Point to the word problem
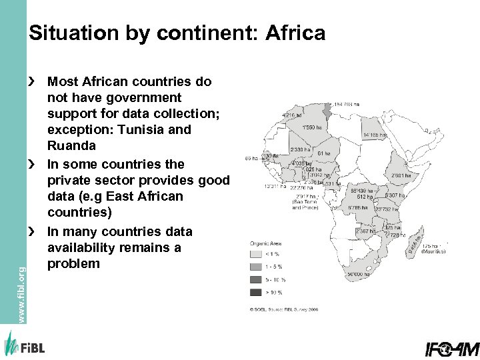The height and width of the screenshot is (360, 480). click(73, 263)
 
